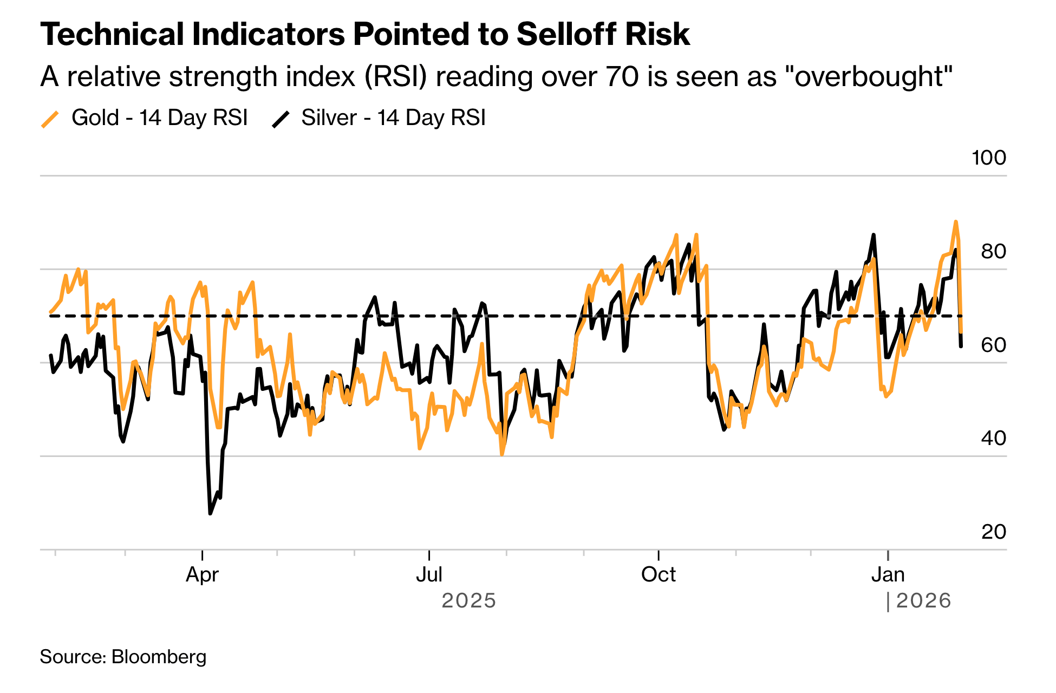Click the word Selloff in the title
click(568, 35)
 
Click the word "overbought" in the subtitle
click(872, 76)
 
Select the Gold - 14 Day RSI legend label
click(159, 117)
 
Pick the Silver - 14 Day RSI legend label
click(393, 117)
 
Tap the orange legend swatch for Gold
click(50, 119)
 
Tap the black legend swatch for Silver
click(281, 119)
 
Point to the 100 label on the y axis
click(988, 158)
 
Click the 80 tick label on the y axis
click(993, 251)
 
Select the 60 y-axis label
click(993, 345)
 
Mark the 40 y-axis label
click(993, 438)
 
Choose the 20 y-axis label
click(993, 532)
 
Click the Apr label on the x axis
click(202, 574)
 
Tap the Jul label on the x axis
click(429, 574)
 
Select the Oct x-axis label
click(658, 574)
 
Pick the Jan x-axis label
click(888, 574)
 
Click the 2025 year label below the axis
click(468, 601)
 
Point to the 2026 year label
click(923, 601)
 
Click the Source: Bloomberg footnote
click(123, 657)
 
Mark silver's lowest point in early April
click(210, 513)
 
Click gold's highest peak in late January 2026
click(956, 221)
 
